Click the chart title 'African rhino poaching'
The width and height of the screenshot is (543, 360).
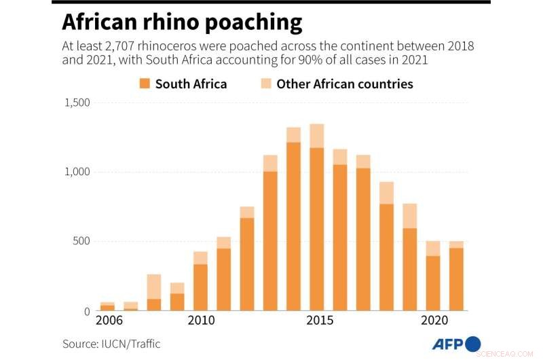coord(182,22)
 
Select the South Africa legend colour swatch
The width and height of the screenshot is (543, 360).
coord(144,84)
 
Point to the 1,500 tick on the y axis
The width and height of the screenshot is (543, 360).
coord(78,103)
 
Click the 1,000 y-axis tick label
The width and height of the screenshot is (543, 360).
coord(78,173)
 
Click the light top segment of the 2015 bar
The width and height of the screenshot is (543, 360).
coord(317,136)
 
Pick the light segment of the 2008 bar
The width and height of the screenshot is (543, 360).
coord(154,287)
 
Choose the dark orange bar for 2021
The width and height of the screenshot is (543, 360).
coord(456,279)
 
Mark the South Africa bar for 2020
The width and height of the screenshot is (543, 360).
coord(433,283)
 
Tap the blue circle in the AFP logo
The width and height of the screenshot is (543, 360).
coord(473,344)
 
